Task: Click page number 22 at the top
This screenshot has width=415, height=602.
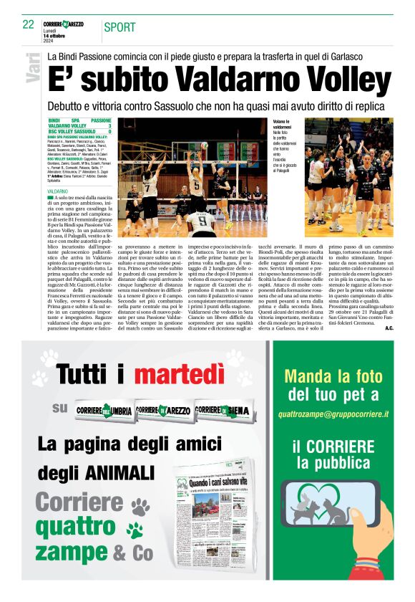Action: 29,25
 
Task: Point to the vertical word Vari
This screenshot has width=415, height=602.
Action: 32,67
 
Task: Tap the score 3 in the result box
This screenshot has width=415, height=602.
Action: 109,126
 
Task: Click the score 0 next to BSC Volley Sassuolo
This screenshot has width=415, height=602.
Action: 109,132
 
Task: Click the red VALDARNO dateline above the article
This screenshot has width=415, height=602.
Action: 57,193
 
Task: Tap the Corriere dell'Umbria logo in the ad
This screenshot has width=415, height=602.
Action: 104,409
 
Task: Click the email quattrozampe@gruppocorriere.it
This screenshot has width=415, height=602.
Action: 333,414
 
